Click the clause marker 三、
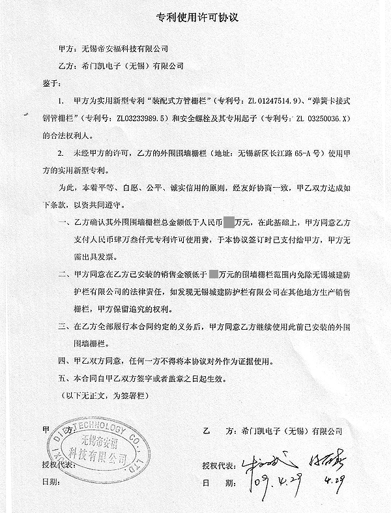[63, 325]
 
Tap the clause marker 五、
[63, 377]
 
